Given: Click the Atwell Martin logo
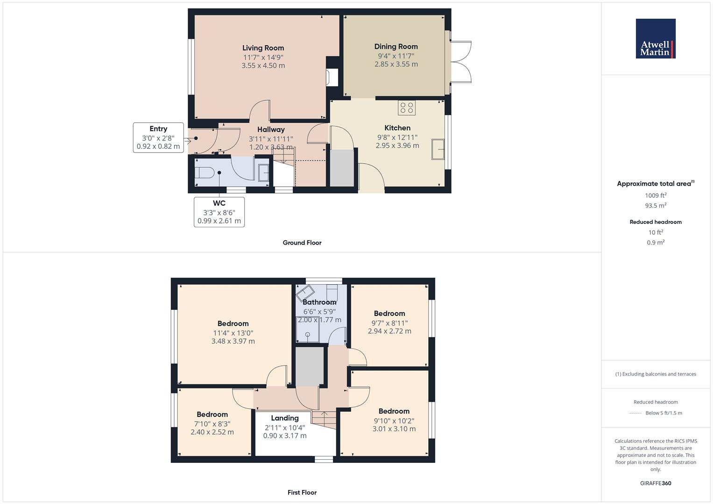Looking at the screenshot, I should pyautogui.click(x=655, y=39).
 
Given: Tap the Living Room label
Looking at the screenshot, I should pyautogui.click(x=263, y=48).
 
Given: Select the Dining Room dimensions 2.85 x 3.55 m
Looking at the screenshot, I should pyautogui.click(x=396, y=64).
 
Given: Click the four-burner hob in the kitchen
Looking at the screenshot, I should pyautogui.click(x=407, y=108).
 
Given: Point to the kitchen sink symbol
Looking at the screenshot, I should pyautogui.click(x=438, y=149).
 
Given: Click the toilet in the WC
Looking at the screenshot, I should pyautogui.click(x=204, y=173).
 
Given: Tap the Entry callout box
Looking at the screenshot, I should pyautogui.click(x=158, y=137).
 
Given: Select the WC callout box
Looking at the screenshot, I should pyautogui.click(x=219, y=212).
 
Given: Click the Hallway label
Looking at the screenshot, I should pyautogui.click(x=271, y=130).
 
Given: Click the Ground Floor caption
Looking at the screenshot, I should pyautogui.click(x=302, y=243).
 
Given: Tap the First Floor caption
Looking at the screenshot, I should pyautogui.click(x=302, y=492).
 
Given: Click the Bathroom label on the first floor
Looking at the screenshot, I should pyautogui.click(x=319, y=302).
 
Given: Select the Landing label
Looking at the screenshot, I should pyautogui.click(x=285, y=418).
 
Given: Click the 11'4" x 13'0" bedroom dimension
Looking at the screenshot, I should pyautogui.click(x=233, y=333).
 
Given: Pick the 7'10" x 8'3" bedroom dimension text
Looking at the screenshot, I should pyautogui.click(x=212, y=424).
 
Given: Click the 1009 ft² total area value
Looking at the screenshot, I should pyautogui.click(x=656, y=196).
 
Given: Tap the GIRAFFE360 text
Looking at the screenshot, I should pyautogui.click(x=656, y=483).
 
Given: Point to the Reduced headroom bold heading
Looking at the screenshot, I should pyautogui.click(x=656, y=222).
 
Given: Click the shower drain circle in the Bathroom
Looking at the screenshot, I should pyautogui.click(x=308, y=334).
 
